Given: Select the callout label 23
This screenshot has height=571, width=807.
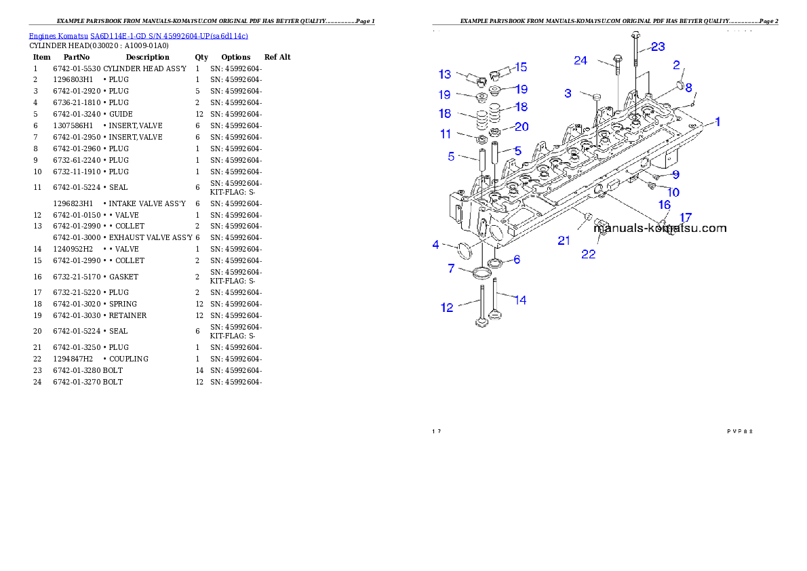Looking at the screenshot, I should [658, 47].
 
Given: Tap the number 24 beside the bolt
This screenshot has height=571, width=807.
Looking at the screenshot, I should [580, 60].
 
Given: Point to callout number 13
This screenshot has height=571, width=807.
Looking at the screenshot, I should [444, 74].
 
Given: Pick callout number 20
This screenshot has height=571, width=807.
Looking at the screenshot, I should [521, 127].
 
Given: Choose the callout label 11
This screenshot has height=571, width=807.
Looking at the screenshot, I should [446, 134].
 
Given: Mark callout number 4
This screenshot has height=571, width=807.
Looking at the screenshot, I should [436, 244].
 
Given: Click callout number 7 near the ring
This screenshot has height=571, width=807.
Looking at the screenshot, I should [451, 269].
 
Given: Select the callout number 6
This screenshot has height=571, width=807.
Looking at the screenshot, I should [517, 259].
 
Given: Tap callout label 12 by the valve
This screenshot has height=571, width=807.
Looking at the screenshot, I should [447, 307].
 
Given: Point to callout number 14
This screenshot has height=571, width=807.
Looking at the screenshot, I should [520, 300].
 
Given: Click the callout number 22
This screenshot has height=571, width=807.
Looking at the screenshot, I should [588, 254].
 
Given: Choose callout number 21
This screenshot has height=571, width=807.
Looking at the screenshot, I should [564, 239].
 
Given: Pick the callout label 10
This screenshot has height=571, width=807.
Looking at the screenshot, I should [673, 193].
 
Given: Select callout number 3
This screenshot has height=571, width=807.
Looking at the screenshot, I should [568, 93].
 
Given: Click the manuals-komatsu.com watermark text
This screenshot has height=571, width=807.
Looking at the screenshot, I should [660, 229].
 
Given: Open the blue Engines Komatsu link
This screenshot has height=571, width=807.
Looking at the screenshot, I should [138, 35].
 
